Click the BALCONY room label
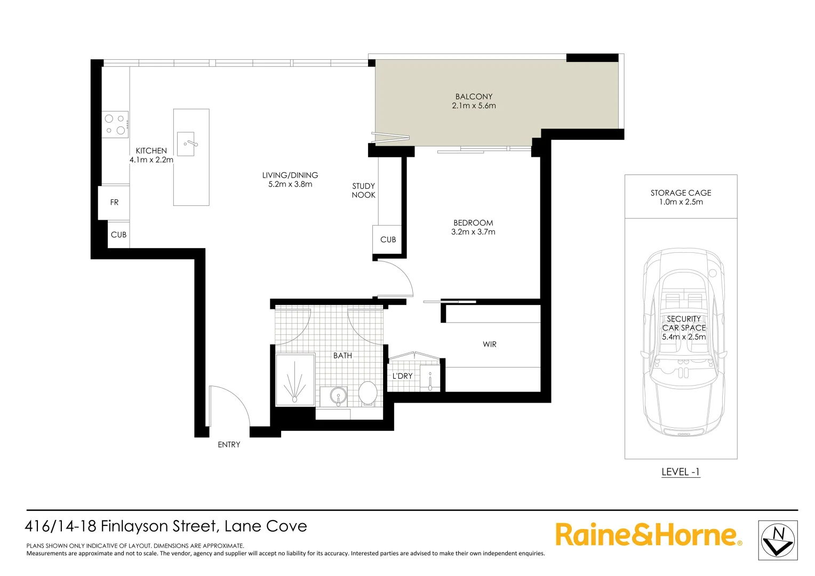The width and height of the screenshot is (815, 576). click(474, 97)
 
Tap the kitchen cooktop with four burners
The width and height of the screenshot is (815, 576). click(115, 124)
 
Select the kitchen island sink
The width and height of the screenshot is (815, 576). click(186, 144)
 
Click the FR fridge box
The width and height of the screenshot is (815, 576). click(114, 202)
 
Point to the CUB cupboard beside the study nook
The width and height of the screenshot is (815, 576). click(388, 239)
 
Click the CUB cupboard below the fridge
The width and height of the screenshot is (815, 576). click(118, 235)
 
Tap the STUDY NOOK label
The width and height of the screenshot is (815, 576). click(363, 190)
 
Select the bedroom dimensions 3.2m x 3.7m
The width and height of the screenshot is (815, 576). click(473, 232)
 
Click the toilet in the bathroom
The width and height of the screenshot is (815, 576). click(367, 393)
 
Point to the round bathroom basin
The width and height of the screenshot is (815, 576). click(337, 396)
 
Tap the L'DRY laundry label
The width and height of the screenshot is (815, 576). click(402, 376)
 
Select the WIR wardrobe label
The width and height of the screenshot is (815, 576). click(489, 345)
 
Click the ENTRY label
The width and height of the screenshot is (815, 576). click(229, 445)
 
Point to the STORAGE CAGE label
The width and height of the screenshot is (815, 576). click(681, 193)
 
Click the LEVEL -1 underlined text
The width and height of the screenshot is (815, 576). click(680, 472)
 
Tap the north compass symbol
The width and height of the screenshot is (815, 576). click(778, 541)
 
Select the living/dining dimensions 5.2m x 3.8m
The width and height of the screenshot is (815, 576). click(290, 185)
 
